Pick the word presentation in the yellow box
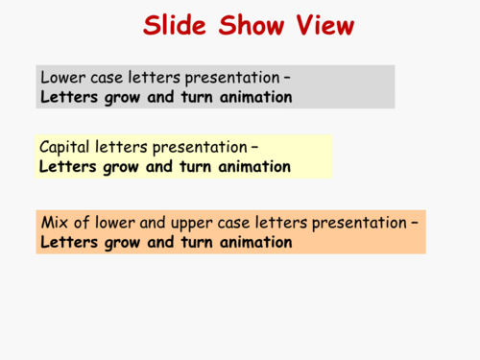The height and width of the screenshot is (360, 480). coord(199,148)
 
